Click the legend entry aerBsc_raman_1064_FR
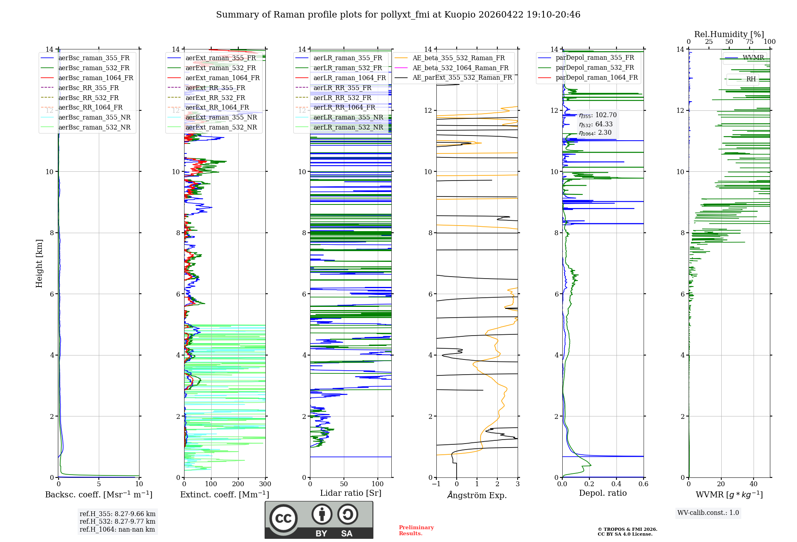coord(96,78)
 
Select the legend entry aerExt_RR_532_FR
coord(215,98)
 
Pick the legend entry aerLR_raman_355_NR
coord(348,118)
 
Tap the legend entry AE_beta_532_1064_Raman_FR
coord(460,68)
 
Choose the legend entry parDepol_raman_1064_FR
coord(597,78)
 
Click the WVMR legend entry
coord(753,58)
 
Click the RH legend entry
coord(751,79)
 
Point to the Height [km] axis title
coord(39,263)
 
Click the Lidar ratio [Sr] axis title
coord(351,493)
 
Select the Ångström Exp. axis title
coord(477,495)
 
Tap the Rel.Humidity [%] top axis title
coord(729,34)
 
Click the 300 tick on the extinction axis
coord(265,484)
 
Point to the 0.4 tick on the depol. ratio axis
coord(616,484)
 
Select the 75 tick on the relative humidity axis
coord(750,42)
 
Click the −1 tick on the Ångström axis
coord(436,484)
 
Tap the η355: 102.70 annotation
coord(598,115)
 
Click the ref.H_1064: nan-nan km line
coord(117,530)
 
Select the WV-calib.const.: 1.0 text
coord(708,513)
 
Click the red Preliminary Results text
coord(416,530)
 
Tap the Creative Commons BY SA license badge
coord(319,520)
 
